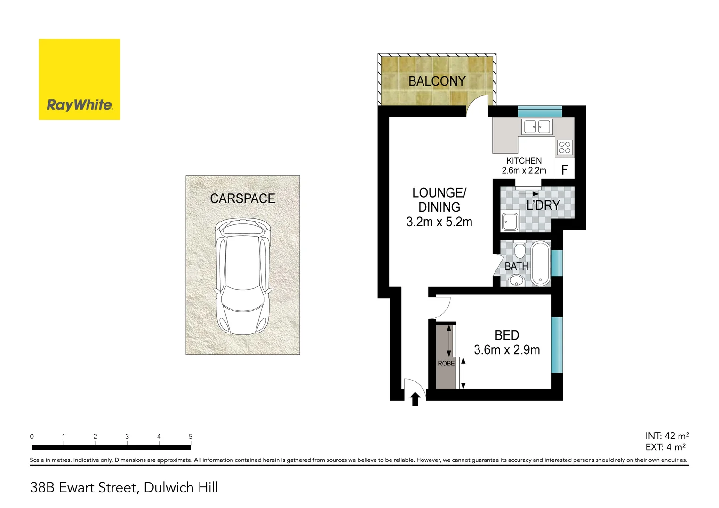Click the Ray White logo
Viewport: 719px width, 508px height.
click(79, 79)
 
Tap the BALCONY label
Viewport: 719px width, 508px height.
click(437, 81)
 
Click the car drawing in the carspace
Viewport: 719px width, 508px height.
click(242, 277)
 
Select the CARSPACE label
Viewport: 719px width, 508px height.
click(242, 198)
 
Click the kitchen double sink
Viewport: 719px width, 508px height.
click(537, 127)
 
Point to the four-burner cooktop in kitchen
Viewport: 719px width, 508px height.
click(565, 148)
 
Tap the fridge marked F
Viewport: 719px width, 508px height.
click(565, 170)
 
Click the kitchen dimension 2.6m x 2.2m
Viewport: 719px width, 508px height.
click(524, 171)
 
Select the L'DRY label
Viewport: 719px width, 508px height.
click(543, 206)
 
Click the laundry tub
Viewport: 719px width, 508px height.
click(510, 222)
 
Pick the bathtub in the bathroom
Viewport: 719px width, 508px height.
click(541, 263)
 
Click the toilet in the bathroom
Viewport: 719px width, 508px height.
click(519, 250)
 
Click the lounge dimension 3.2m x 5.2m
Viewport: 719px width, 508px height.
click(439, 222)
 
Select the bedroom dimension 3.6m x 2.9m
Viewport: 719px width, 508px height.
click(507, 350)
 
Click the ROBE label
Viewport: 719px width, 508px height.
click(446, 364)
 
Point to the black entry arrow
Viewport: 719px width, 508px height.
click(415, 399)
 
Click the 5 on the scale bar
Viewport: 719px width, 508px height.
click(191, 437)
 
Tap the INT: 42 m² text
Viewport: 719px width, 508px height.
click(667, 436)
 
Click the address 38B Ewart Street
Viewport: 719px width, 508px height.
click(124, 488)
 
